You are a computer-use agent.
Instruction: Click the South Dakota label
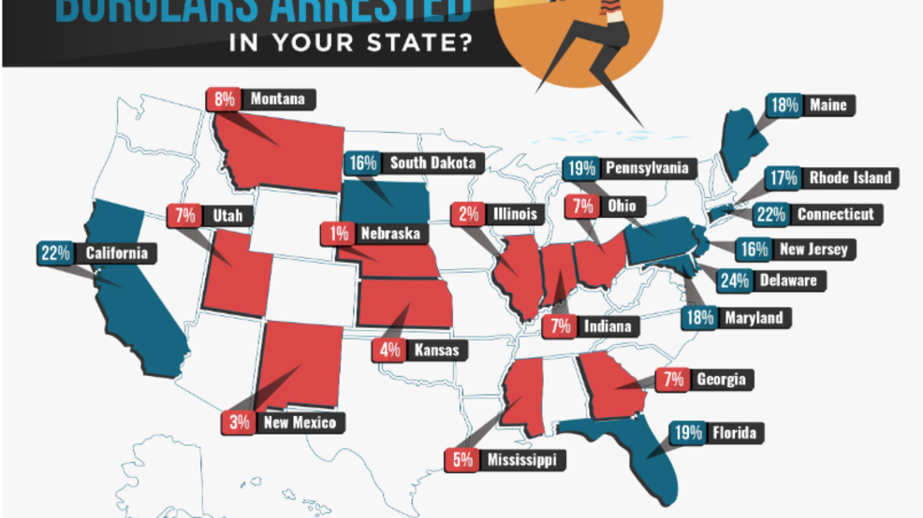click(x=432, y=163)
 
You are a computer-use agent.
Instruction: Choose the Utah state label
click(x=226, y=216)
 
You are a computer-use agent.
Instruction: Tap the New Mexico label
click(x=297, y=423)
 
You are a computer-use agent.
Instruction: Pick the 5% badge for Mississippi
click(x=463, y=460)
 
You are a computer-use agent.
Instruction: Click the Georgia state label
click(x=720, y=379)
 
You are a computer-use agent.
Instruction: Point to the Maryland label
click(x=755, y=318)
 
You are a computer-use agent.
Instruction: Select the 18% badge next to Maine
click(x=784, y=106)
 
